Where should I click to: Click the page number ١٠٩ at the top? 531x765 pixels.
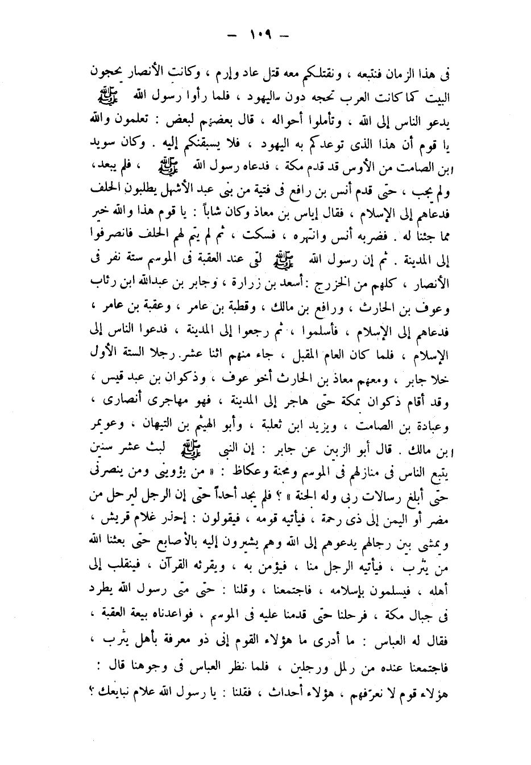click(259, 36)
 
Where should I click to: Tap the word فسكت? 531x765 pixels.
click(250, 229)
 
